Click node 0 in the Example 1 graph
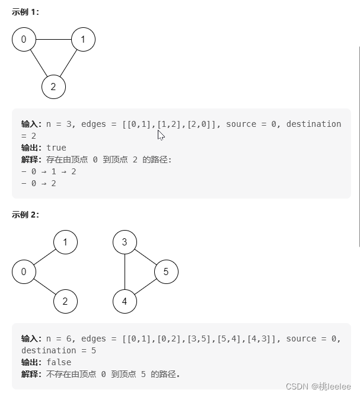(x=24, y=40)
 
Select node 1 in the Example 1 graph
(x=83, y=40)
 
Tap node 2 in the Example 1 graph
(x=53, y=87)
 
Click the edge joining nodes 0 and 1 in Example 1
(x=53, y=40)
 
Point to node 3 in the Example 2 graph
(x=125, y=242)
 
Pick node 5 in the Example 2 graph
(x=166, y=272)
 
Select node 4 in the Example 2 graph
(x=125, y=301)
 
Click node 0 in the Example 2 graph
(x=24, y=272)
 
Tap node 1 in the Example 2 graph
(x=65, y=242)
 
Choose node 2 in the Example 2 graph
(x=65, y=301)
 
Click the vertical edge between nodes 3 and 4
(x=125, y=272)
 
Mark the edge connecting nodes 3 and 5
(x=145, y=257)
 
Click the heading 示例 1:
(x=26, y=11)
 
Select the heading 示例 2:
(x=26, y=215)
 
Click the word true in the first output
(x=56, y=148)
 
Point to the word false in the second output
(x=59, y=362)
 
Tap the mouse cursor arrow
(x=161, y=135)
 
